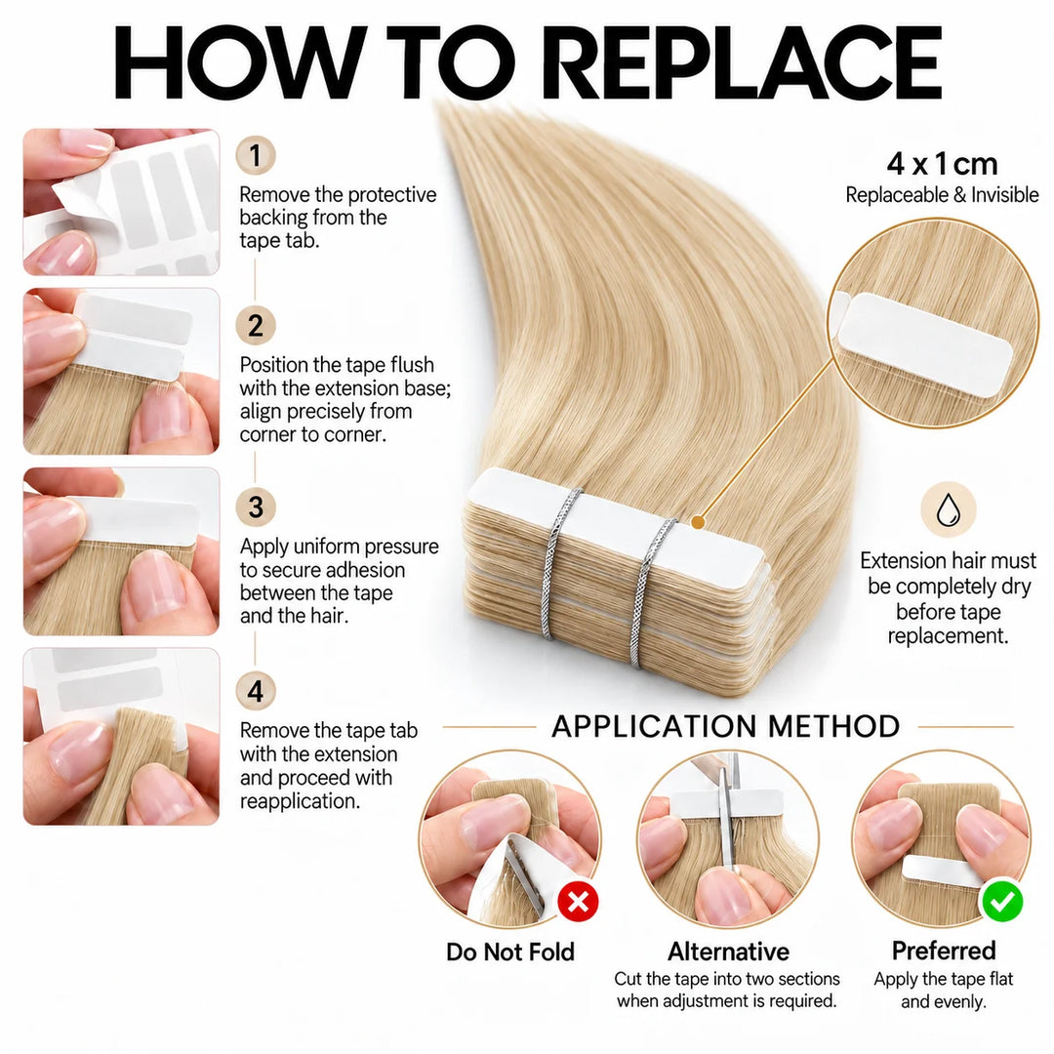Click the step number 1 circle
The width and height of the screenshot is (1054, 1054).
coord(256,155)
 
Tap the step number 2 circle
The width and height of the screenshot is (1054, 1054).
coord(256,326)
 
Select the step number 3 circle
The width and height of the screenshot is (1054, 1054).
coord(256,507)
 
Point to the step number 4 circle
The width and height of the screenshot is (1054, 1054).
coord(256,691)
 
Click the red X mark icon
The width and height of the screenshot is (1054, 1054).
coord(578,902)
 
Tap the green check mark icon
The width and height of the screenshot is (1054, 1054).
coord(1002,902)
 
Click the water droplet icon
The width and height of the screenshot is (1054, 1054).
coord(948,510)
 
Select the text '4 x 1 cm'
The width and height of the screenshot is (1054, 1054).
coord(942,163)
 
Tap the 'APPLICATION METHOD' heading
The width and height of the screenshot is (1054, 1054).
coord(726,727)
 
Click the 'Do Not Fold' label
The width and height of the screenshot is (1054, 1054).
coord(510,952)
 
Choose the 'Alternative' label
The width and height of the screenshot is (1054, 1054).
coord(729,952)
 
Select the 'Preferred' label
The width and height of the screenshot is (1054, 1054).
coord(943,951)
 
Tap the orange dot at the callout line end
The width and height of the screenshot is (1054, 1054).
coord(698,521)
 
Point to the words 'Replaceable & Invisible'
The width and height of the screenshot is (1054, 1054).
coord(942,195)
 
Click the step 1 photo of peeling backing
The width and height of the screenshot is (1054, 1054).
coord(121,202)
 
